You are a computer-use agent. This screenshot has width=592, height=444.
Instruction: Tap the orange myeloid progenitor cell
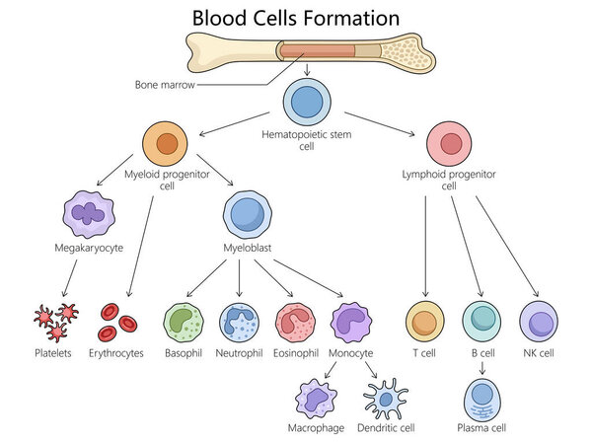tap(166, 144)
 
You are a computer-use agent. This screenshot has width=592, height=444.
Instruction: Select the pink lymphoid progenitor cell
tap(449, 144)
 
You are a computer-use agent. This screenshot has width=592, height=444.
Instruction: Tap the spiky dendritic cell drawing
tap(385, 399)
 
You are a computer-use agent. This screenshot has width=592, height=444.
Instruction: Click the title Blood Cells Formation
tap(295, 18)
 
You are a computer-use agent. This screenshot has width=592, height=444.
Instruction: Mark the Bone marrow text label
tap(164, 84)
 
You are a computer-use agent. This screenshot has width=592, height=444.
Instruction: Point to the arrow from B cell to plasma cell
tap(482, 368)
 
